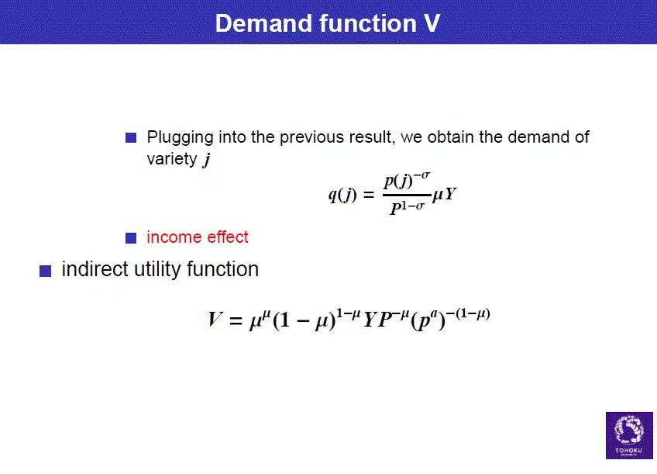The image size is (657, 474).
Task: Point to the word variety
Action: coord(172,159)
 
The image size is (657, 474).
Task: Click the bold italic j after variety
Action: coord(207,160)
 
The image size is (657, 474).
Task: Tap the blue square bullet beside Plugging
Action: coord(131,137)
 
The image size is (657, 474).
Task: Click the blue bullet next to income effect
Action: coord(131,238)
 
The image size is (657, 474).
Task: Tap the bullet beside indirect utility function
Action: coord(45,271)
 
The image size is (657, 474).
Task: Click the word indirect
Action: coord(95,269)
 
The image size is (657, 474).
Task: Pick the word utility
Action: coord(157,270)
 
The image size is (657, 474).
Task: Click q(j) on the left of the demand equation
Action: coord(342,195)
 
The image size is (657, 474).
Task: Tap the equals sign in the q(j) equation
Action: coord(369,195)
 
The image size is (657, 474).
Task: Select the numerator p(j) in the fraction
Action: coord(399,182)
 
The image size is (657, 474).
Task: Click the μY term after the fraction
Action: coord(444,194)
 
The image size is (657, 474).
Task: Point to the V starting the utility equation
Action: coord(215,319)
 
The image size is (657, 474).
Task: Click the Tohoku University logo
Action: coord(629,435)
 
